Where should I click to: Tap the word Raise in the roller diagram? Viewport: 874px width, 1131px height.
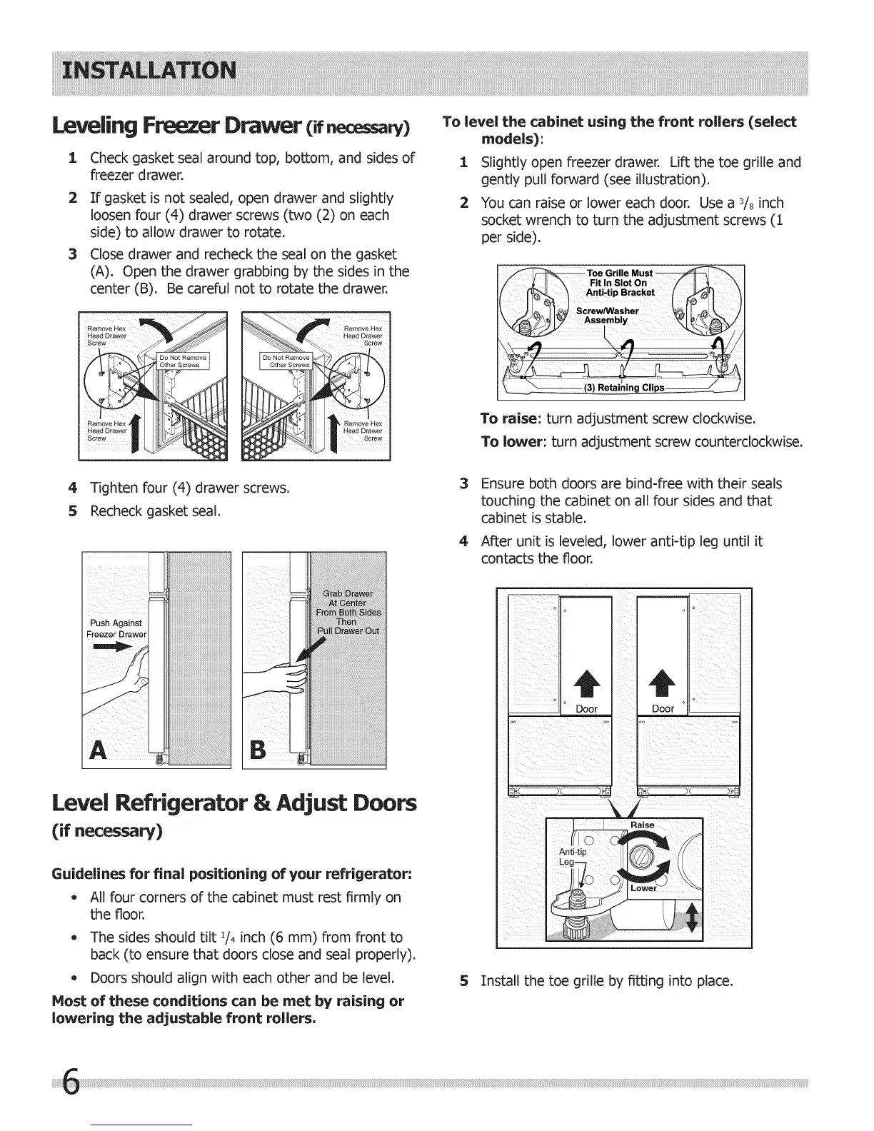tap(643, 825)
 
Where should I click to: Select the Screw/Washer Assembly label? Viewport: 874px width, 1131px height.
tap(608, 316)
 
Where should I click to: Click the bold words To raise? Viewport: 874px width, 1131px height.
tap(508, 418)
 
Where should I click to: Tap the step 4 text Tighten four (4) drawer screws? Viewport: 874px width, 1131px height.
tap(189, 488)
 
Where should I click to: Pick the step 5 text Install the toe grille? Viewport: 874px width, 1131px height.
tap(607, 981)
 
